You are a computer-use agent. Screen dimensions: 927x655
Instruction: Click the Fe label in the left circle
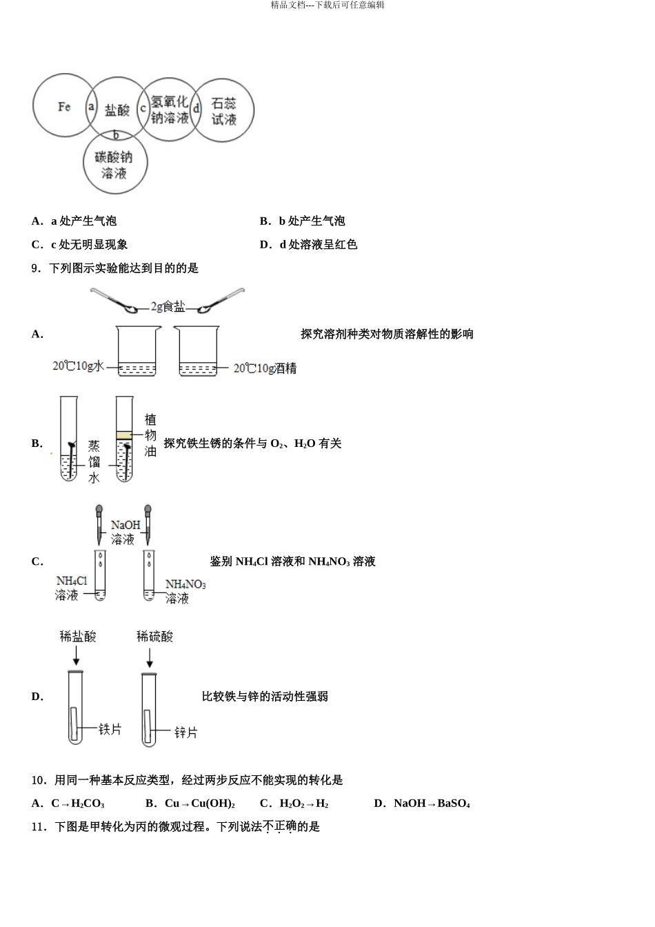(x=64, y=106)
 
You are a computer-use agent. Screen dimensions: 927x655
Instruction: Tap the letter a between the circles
(x=91, y=107)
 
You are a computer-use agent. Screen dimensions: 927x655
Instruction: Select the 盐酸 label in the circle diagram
(x=117, y=110)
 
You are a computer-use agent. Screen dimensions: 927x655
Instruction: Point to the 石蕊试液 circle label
(x=224, y=111)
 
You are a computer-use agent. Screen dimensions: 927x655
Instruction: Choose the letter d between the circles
(x=196, y=108)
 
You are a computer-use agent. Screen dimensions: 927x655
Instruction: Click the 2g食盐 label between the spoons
(x=168, y=307)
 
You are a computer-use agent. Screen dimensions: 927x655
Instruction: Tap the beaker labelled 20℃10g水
(x=138, y=352)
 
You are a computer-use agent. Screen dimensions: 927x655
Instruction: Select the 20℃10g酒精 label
(x=265, y=368)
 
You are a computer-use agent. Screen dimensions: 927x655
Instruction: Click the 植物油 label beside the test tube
(x=150, y=435)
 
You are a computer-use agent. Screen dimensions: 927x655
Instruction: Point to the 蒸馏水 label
(x=94, y=461)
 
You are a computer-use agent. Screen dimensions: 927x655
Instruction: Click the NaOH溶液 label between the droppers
(x=125, y=532)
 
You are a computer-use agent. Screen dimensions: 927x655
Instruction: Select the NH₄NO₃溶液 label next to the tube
(x=185, y=592)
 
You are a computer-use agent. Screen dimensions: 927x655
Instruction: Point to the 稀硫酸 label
(x=154, y=636)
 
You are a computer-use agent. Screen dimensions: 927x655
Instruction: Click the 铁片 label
(x=110, y=729)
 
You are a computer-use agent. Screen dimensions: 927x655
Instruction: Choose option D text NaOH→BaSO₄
(x=431, y=804)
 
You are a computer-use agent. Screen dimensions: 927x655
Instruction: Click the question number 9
(x=35, y=268)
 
